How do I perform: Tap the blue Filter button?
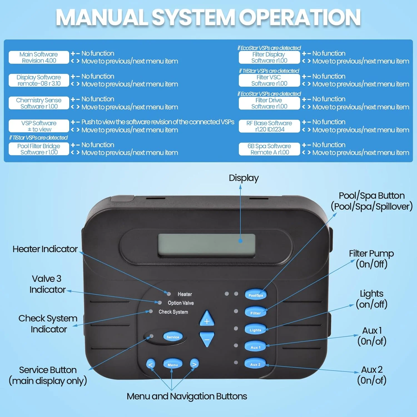(255, 312)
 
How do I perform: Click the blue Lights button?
(255, 330)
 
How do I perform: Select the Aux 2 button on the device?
(255, 364)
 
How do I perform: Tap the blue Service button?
(173, 337)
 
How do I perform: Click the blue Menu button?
(173, 364)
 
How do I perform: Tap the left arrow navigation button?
(150, 364)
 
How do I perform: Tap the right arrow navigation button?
(194, 364)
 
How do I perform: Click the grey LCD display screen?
(207, 245)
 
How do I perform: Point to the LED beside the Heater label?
(169, 294)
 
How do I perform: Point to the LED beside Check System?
(151, 311)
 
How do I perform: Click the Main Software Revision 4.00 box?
(39, 57)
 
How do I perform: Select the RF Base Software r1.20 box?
(269, 126)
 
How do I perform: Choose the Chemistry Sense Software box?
(39, 103)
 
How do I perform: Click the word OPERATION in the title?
(300, 18)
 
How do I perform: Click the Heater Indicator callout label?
(45, 249)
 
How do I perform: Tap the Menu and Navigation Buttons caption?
(187, 396)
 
